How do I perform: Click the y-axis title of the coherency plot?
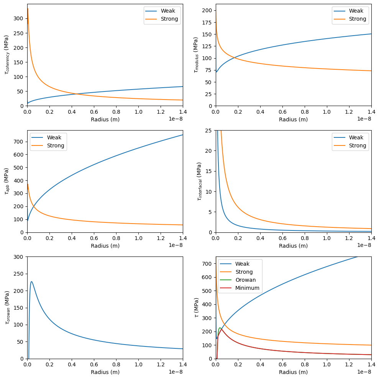tap(6, 55)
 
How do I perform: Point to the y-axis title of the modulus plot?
tap(195, 55)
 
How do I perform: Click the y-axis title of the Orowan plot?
tap(7, 307)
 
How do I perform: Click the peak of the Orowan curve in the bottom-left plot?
tap(31, 282)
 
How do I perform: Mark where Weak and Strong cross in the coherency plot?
tap(75, 94)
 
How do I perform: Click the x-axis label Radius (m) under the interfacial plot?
tap(293, 245)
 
